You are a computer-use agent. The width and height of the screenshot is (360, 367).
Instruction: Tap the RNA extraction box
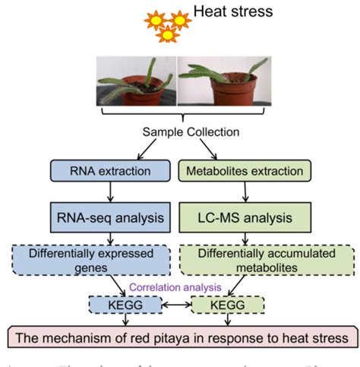point(112,170)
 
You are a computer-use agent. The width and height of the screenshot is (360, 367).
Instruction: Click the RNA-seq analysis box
point(112,219)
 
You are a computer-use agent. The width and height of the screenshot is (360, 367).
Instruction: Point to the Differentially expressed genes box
point(112,260)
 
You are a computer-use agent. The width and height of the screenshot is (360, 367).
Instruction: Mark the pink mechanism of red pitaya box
point(180,337)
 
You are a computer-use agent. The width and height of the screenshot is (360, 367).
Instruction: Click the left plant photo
point(136,81)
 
